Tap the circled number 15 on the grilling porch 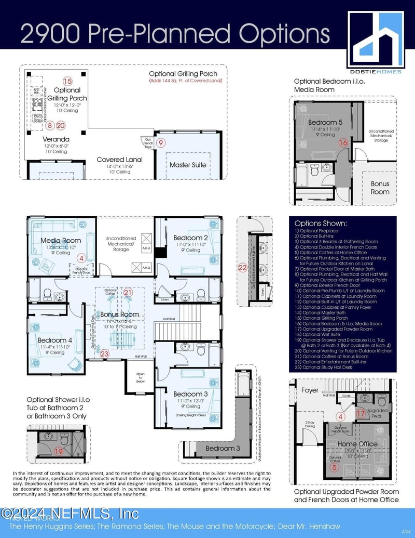[x=67, y=81]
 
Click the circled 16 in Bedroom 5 [x=343, y=142]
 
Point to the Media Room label [x=61, y=240]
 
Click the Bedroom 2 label [x=190, y=238]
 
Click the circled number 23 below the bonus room [x=105, y=353]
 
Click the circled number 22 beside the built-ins [x=242, y=268]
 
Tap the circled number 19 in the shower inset [x=59, y=451]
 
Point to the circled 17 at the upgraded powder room [x=361, y=413]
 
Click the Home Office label [x=357, y=443]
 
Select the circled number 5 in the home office [x=335, y=467]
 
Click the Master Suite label [x=188, y=165]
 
